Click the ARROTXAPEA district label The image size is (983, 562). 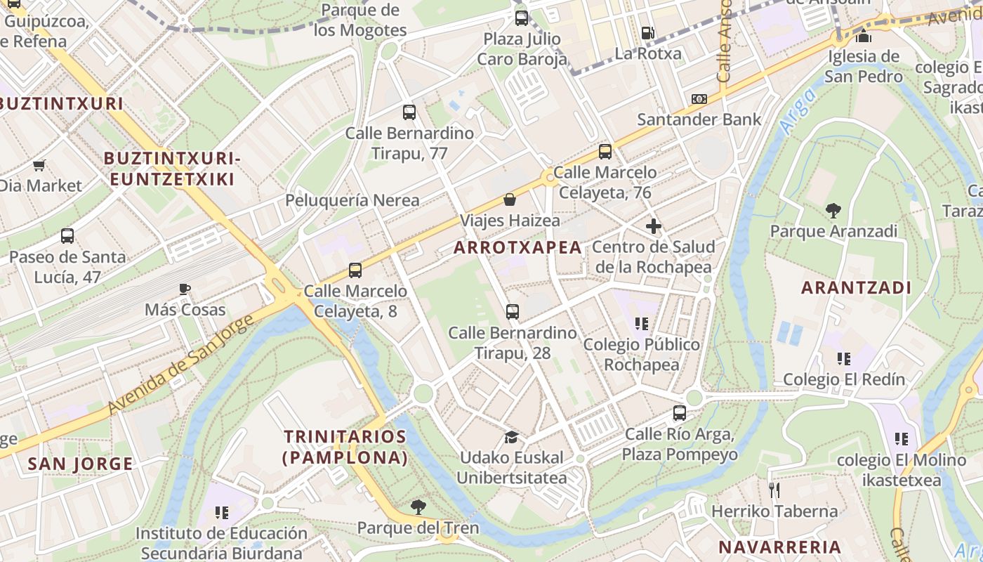tap(517, 247)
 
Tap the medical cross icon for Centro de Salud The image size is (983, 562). tap(653, 226)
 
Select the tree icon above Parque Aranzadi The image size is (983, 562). tap(833, 210)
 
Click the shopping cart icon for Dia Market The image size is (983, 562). tap(39, 166)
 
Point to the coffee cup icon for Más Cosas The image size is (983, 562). tap(185, 289)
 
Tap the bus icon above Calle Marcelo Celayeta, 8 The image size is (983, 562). tap(355, 270)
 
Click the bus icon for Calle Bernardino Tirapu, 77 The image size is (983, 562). tap(409, 112)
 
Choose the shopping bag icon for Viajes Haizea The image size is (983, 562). tap(510, 200)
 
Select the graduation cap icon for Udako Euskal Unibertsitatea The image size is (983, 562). tap(511, 437)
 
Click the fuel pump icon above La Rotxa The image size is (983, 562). tap(647, 33)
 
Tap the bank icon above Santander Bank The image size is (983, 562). tap(699, 99)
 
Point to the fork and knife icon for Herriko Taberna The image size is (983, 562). tap(774, 490)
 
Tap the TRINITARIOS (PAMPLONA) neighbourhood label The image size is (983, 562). tap(345, 447)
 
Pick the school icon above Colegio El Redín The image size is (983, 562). tap(843, 359)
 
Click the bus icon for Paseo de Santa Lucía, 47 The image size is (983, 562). tap(67, 236)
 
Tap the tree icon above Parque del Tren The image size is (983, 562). tap(418, 507)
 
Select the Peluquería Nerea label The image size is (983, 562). tap(352, 200)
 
